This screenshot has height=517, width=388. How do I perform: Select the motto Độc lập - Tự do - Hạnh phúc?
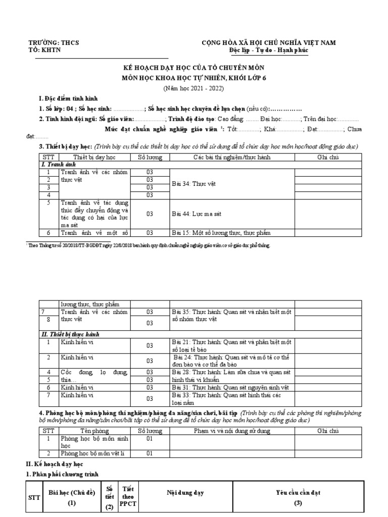tap(268, 50)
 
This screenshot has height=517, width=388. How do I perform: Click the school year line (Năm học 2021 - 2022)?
tap(193, 88)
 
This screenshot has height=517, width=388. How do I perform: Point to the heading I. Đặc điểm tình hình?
tap(69, 98)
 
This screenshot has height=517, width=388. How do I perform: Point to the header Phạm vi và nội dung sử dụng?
tap(232, 431)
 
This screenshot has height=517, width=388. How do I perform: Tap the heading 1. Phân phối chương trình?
tap(66, 474)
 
